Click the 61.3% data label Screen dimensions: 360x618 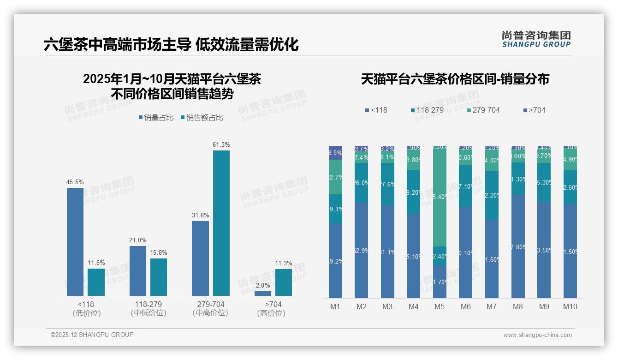coord(221,144)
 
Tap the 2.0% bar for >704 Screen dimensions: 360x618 coord(263,294)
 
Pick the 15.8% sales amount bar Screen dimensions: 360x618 coord(159,277)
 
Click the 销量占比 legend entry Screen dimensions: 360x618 coord(156,118)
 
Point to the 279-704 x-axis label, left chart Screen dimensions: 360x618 coord(210,305)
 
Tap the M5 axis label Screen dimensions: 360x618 coord(440,306)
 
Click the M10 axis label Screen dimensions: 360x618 coord(570,306)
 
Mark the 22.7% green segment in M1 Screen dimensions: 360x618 coord(335,177)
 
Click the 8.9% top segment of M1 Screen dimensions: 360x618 coord(335,153)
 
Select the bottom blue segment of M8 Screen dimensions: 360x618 coord(518,246)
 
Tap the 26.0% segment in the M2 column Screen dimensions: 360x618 coord(361,183)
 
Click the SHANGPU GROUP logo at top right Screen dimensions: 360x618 coord(536,39)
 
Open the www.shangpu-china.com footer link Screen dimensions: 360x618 coord(537,335)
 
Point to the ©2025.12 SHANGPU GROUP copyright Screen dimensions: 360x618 coord(92,335)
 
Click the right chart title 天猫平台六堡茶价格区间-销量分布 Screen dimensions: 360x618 coord(455,79)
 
